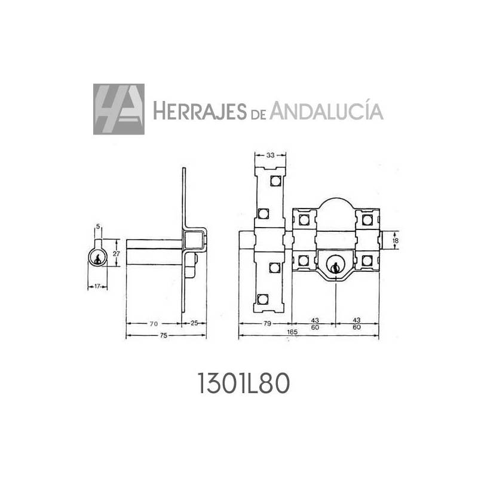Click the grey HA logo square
coord(118,109)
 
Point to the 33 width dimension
coord(270,155)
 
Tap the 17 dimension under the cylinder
coord(96,285)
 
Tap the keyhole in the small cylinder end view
coord(97,259)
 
